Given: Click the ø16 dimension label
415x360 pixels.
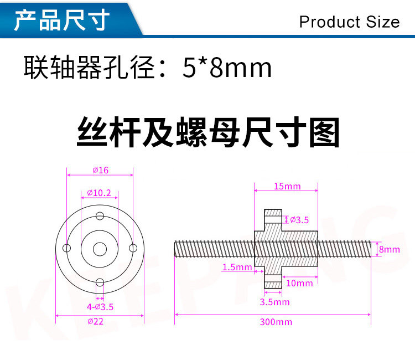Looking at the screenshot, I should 100,170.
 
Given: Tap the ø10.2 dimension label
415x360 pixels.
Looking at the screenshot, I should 100,193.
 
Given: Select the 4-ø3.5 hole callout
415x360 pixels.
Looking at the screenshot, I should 100,306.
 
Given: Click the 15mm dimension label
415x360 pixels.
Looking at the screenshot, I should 287,186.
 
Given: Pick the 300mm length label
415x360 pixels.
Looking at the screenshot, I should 276,322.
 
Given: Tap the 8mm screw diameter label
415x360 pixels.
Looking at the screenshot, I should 389,249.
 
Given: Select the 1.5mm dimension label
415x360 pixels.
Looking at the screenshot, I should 236,267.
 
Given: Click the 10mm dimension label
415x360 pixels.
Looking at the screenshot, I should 300,283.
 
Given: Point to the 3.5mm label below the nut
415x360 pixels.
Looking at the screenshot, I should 275,302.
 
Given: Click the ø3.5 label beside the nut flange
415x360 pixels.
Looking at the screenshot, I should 299,220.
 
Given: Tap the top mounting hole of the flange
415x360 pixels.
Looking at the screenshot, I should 100,215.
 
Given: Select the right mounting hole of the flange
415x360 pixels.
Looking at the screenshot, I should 132,248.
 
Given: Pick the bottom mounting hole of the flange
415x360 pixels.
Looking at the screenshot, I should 100,281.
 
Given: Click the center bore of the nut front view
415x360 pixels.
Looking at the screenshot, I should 100,249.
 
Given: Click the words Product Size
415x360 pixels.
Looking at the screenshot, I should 349,22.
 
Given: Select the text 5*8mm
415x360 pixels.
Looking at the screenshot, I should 227,68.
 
